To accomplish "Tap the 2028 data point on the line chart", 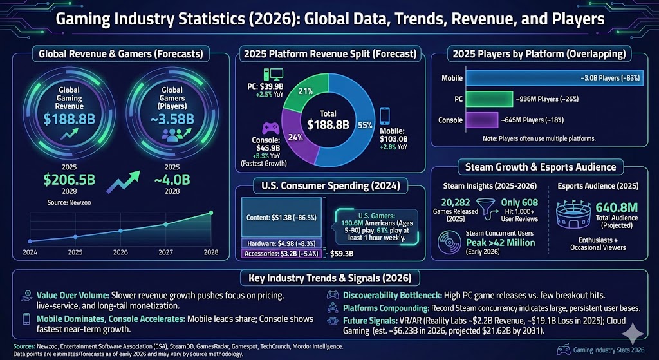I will coord(211,213).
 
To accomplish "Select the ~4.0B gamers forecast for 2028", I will coord(171,178).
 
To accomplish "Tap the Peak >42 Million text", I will coord(501,242).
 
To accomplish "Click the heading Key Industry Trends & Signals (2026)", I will coord(328,278).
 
